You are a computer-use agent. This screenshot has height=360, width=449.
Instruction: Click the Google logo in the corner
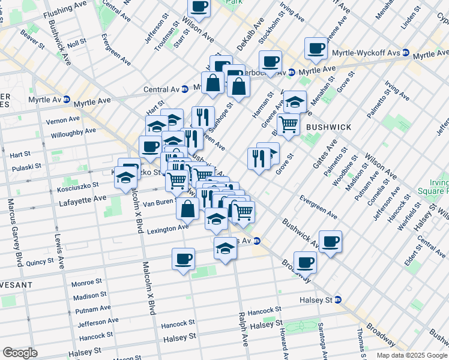20,353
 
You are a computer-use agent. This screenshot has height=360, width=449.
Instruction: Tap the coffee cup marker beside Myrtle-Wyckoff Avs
316,48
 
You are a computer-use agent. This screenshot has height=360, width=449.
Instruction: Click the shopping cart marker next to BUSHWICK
289,124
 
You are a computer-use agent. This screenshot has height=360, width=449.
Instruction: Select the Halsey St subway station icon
338,300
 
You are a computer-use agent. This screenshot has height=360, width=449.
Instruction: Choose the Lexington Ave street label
167,229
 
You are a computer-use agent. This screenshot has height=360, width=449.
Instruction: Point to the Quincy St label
40,262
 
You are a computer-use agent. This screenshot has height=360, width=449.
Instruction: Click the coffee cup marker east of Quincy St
183,259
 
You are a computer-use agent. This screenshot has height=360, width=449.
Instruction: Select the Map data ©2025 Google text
411,355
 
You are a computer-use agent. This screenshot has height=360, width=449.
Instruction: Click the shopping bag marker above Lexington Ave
188,209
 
